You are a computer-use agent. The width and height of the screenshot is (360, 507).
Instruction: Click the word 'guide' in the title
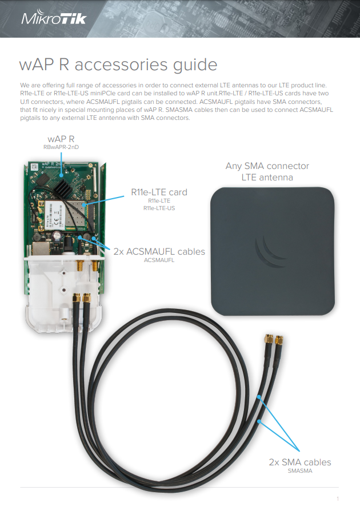[x=195, y=65]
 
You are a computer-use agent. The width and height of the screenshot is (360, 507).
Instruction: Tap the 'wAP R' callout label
[x=61, y=139]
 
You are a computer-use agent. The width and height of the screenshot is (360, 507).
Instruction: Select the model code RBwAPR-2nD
[x=61, y=147]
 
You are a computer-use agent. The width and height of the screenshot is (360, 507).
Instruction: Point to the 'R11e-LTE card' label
[x=159, y=192]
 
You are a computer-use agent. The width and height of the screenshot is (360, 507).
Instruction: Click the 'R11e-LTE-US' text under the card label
[x=159, y=208]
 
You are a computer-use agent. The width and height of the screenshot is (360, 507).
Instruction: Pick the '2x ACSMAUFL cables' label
[x=159, y=252]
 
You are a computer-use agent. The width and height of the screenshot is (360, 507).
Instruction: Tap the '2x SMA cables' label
[x=300, y=462]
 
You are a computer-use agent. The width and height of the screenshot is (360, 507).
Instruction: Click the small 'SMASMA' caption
[x=300, y=471]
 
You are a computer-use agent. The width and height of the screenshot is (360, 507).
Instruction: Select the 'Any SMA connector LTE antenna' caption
[x=267, y=171]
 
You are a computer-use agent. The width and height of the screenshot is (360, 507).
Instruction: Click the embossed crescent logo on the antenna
[x=270, y=252]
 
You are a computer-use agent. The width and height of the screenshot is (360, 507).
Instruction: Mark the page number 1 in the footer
[x=338, y=498]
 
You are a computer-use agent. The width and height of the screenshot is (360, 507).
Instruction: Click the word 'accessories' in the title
[x=121, y=65]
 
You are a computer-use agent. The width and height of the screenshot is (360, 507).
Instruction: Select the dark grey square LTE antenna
[x=272, y=251]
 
